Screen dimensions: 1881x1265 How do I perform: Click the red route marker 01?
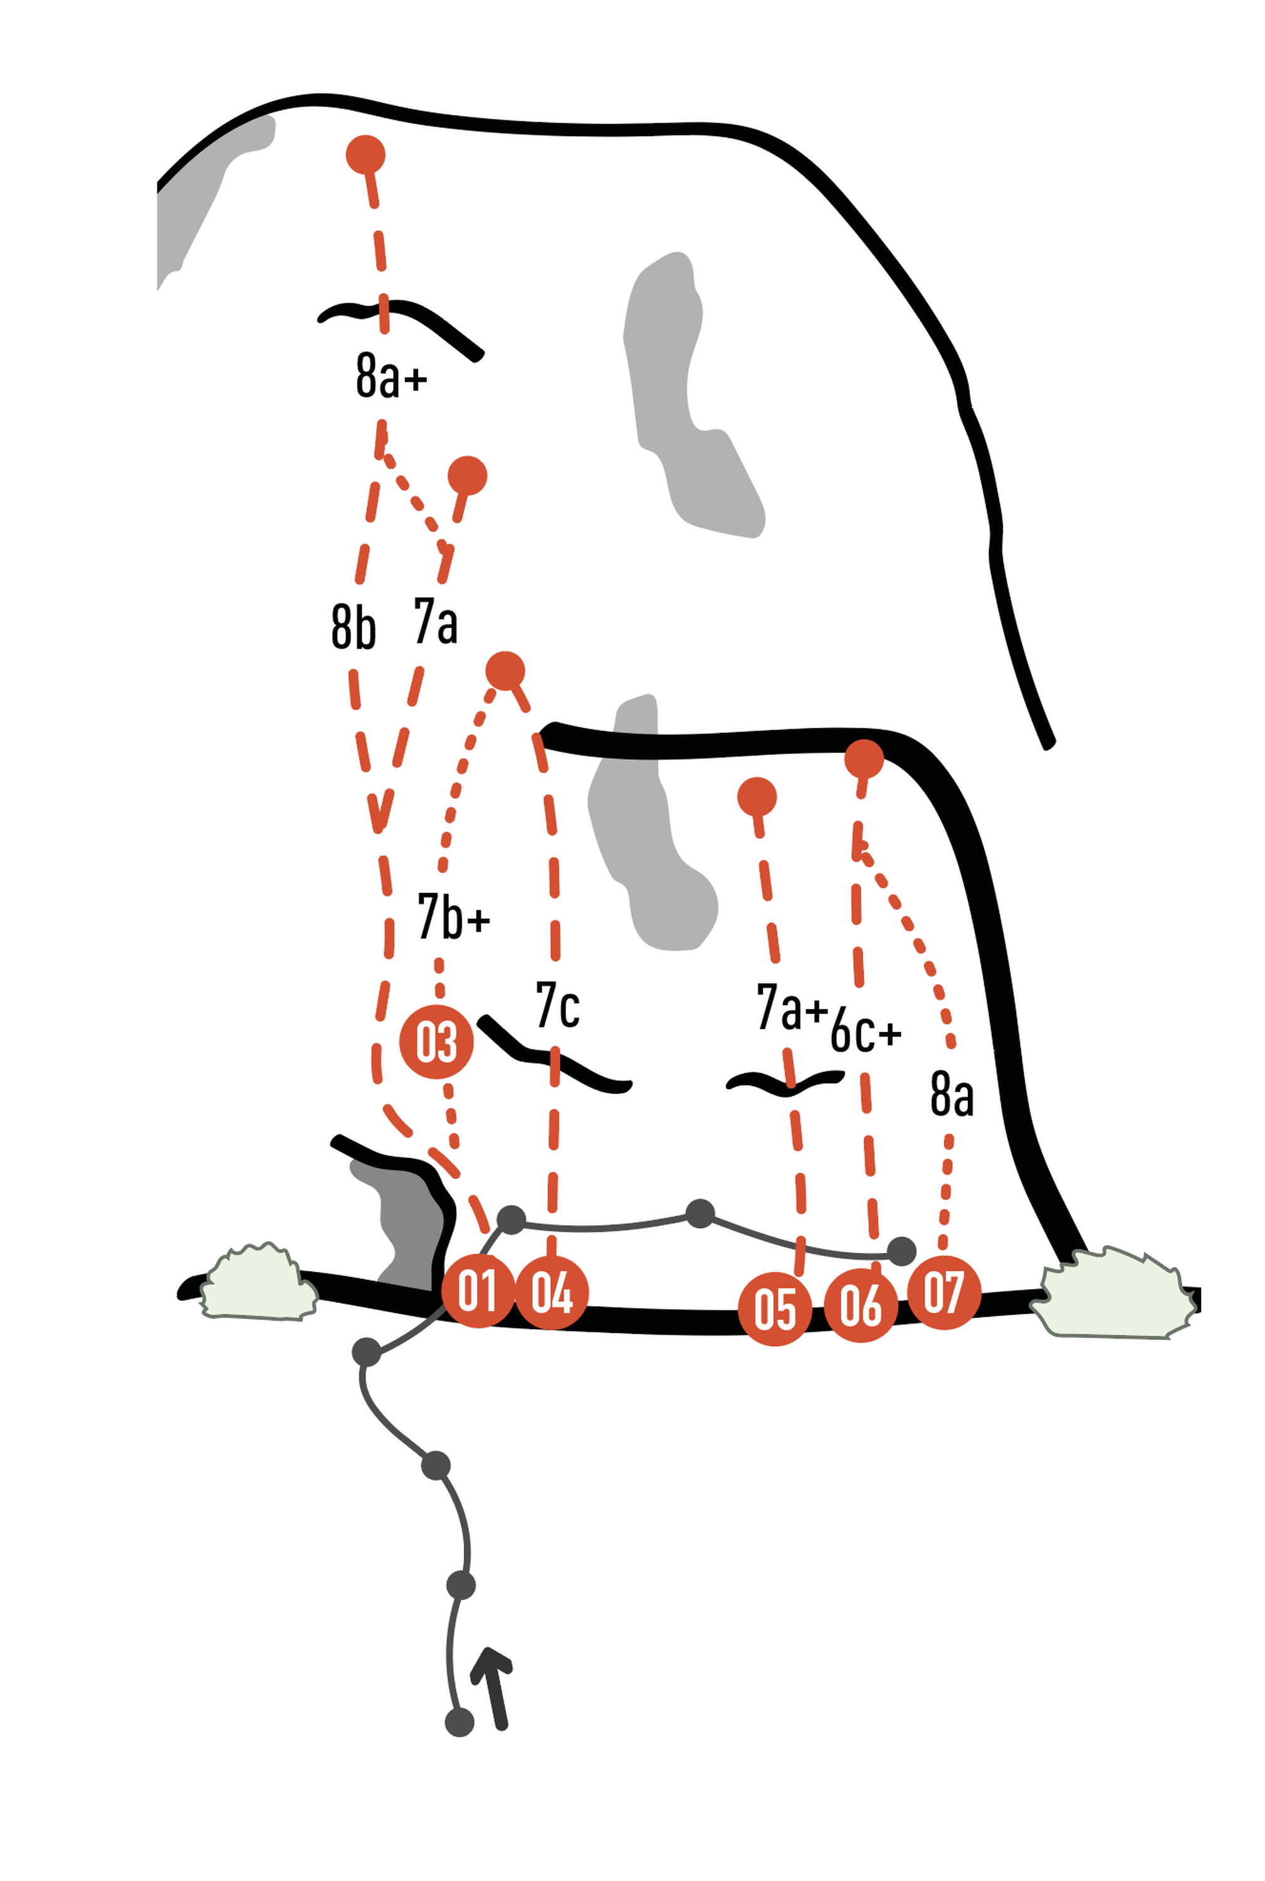pyautogui.click(x=478, y=1291)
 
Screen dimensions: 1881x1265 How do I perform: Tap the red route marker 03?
pyautogui.click(x=436, y=1042)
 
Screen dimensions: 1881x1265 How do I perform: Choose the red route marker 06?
pyautogui.click(x=861, y=1305)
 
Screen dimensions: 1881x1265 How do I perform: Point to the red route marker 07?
pyautogui.click(x=944, y=1292)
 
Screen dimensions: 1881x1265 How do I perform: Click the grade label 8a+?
pyautogui.click(x=391, y=375)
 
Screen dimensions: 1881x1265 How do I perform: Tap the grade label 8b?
pyautogui.click(x=354, y=627)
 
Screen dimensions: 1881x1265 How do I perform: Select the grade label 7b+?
pyautogui.click(x=453, y=917)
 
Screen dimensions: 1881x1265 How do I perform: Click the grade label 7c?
pyautogui.click(x=557, y=1006)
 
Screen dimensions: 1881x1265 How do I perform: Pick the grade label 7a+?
pyautogui.click(x=792, y=1007)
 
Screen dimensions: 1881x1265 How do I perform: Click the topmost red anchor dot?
pyautogui.click(x=365, y=155)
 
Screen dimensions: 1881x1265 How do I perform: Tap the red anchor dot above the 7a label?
pyautogui.click(x=467, y=475)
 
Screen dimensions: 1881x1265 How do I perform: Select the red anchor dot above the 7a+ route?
pyautogui.click(x=757, y=798)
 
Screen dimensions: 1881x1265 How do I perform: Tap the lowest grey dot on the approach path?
pyautogui.click(x=459, y=1723)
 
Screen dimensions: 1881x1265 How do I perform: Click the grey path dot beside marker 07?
pyautogui.click(x=901, y=1251)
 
